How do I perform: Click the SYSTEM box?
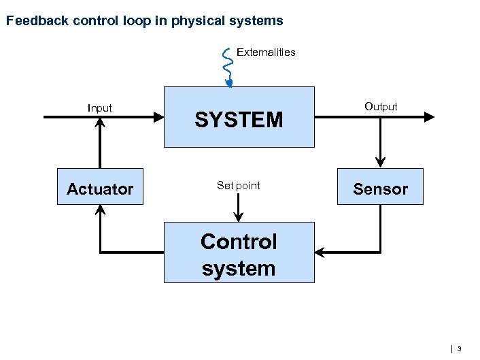tap(239, 117)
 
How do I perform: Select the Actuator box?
tap(100, 186)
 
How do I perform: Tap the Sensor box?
tap(380, 186)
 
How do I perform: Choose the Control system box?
tap(239, 252)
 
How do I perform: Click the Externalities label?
tap(266, 52)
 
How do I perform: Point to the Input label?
tap(100, 108)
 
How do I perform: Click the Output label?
tap(381, 106)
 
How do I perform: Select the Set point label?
tap(238, 185)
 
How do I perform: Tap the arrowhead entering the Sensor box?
tap(380, 162)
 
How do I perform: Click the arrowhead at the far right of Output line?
tap(429, 117)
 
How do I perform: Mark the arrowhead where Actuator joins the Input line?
tap(100, 123)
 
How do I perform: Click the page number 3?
tap(459, 349)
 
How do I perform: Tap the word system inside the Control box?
tap(239, 268)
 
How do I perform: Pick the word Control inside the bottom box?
tap(239, 242)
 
